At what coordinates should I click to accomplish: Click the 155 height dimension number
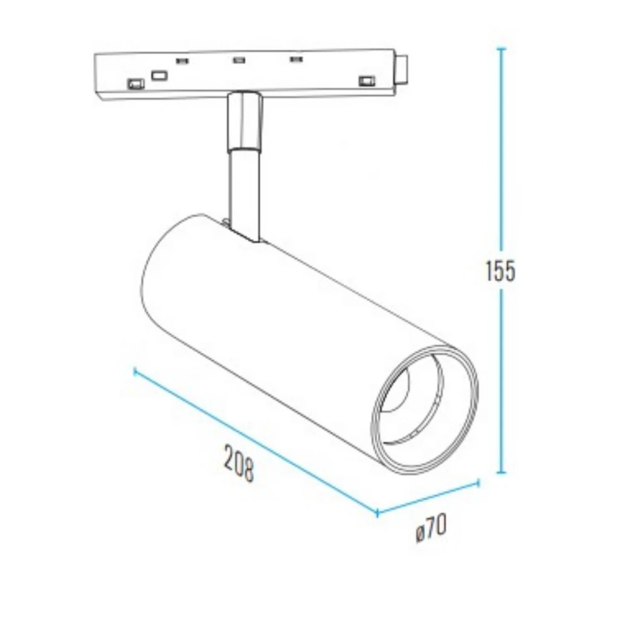[x=500, y=271]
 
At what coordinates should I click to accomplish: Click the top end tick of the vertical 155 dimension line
[x=501, y=49]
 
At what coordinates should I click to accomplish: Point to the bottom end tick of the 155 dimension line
[x=501, y=473]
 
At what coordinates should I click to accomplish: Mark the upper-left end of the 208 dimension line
[x=135, y=371]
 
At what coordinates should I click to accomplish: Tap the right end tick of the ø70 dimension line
[x=479, y=482]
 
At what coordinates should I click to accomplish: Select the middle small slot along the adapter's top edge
[x=238, y=61]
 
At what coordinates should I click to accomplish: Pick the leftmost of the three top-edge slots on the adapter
[x=182, y=61]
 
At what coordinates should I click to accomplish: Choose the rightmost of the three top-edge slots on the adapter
[x=295, y=61]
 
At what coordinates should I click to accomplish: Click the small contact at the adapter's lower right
[x=366, y=80]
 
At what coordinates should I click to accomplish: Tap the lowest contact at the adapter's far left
[x=134, y=82]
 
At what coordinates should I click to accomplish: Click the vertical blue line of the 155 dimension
[x=501, y=187]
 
